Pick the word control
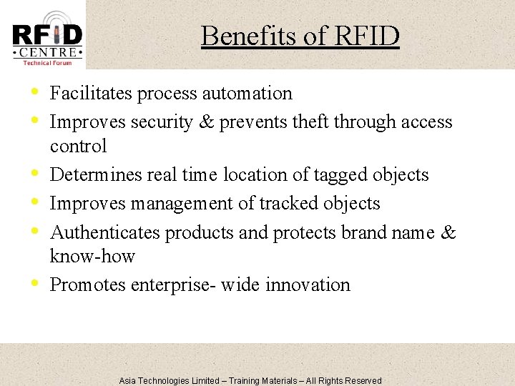78,147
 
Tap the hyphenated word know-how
92,257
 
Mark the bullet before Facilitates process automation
35,92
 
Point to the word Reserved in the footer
363,381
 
